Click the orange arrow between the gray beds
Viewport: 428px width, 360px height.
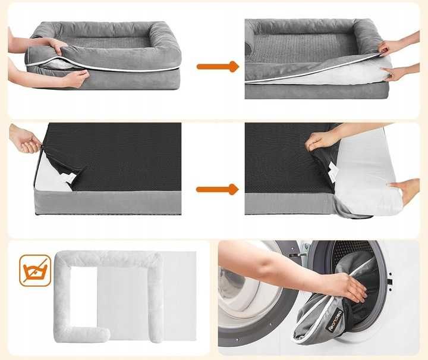(x=217, y=67)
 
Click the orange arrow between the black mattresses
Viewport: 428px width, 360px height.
(x=217, y=189)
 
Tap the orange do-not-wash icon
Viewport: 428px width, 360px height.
(x=35, y=270)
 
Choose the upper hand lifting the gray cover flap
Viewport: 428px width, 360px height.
(x=392, y=46)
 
